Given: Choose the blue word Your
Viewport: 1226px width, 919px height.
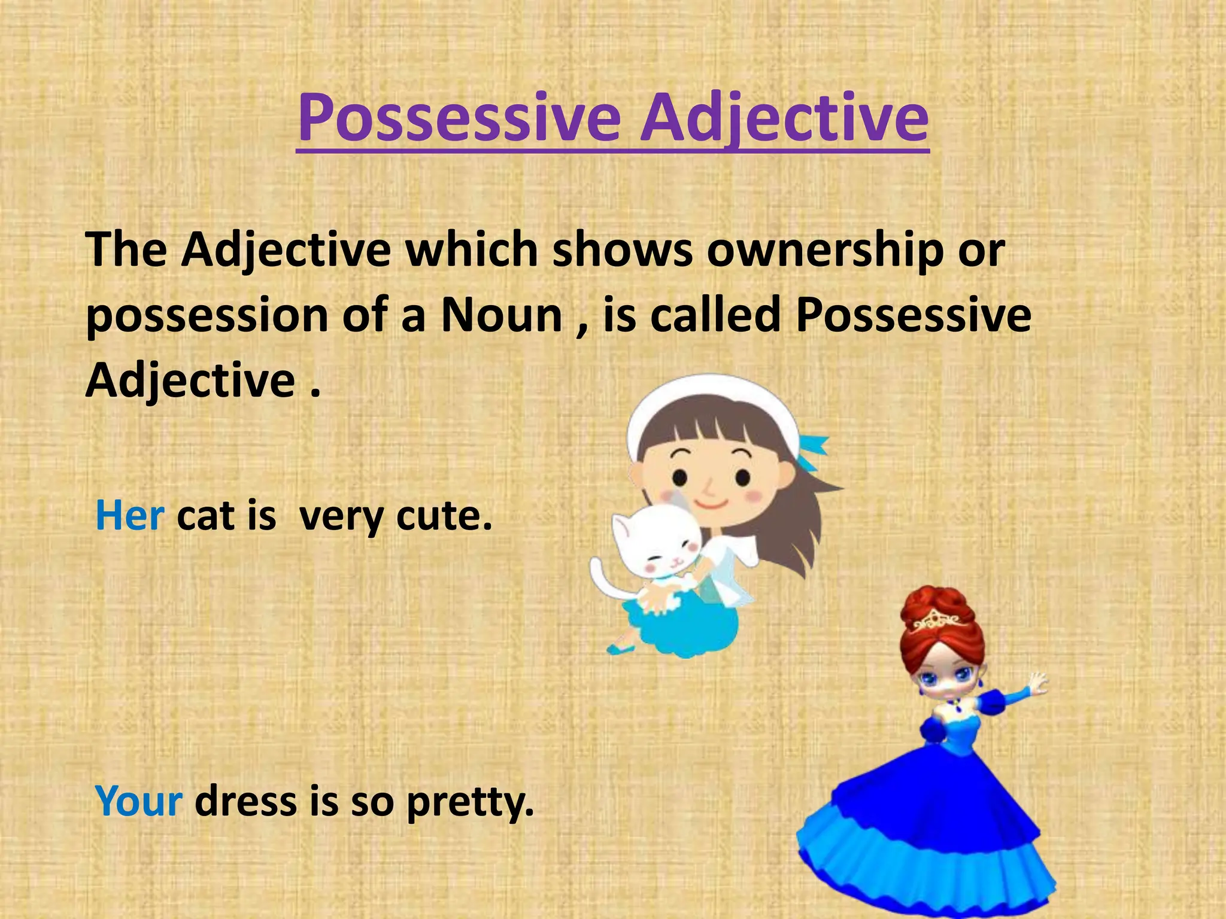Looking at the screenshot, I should click(138, 801).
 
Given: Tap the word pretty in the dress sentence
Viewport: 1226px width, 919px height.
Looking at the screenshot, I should click(469, 802).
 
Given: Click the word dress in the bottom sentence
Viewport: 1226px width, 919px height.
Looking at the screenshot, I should click(246, 801).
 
